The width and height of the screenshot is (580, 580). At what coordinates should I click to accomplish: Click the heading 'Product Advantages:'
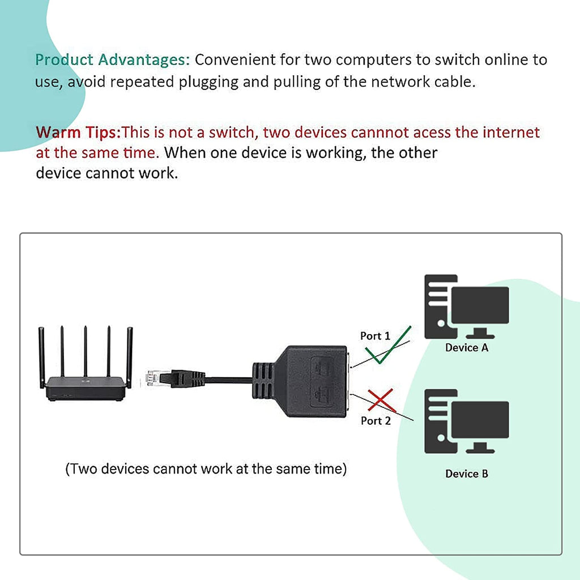pos(113,59)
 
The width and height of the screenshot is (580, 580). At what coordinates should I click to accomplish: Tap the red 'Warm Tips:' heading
pos(78,133)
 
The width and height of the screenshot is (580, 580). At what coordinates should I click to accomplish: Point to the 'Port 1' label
pos(375,336)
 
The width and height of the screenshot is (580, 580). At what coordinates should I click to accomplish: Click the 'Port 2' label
pos(376,421)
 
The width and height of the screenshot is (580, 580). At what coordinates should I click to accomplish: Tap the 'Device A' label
pos(466,348)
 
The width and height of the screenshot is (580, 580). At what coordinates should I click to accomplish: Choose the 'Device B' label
pos(466,474)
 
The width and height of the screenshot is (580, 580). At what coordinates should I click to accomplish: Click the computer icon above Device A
pos(466,306)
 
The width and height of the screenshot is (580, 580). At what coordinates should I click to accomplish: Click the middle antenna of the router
pos(85,351)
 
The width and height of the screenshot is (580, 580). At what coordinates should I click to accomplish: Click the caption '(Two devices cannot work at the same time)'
pos(206,469)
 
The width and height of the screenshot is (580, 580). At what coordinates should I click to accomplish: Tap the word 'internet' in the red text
pos(511,133)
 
